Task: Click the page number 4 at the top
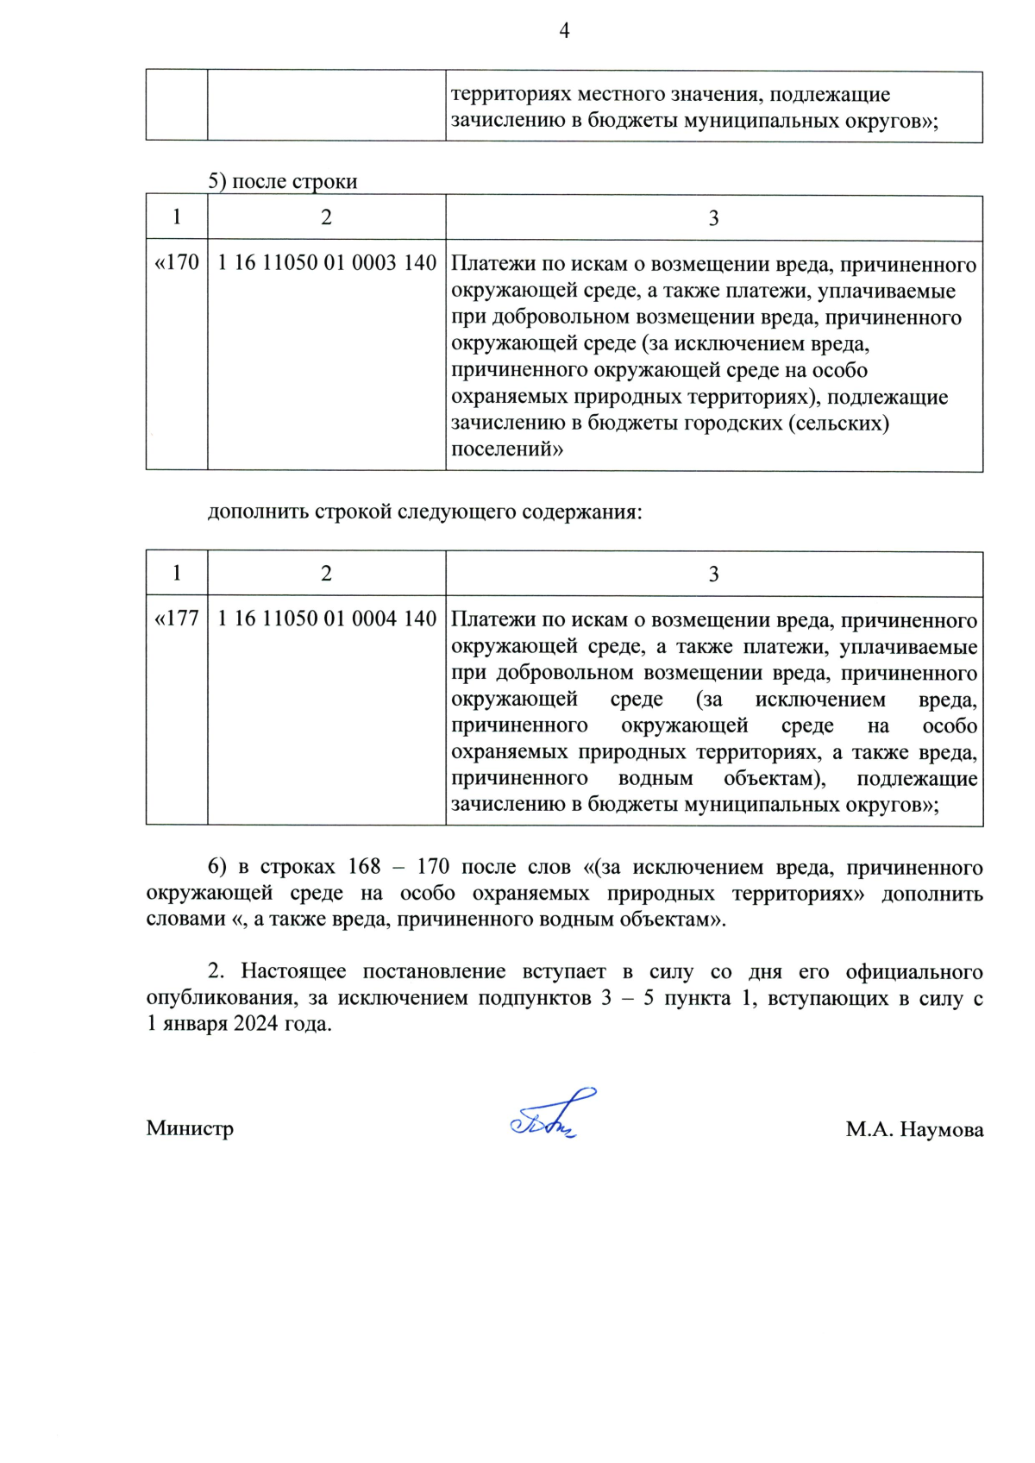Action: click(x=564, y=31)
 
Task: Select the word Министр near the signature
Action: click(x=190, y=1128)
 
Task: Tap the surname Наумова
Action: click(x=941, y=1129)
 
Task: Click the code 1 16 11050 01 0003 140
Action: click(x=326, y=263)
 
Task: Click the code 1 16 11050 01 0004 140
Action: click(x=326, y=618)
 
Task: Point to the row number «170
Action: click(x=177, y=262)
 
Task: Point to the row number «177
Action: click(x=177, y=618)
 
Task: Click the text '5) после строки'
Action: click(x=282, y=181)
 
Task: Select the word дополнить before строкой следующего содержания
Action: click(x=258, y=512)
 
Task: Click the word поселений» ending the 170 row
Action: click(x=507, y=449)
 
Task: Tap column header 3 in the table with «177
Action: click(x=713, y=575)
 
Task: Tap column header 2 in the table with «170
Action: click(x=326, y=217)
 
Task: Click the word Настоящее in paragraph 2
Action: click(x=293, y=971)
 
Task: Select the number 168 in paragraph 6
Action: click(x=364, y=867)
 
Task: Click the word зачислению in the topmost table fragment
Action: click(x=508, y=121)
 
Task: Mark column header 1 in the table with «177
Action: click(x=177, y=574)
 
